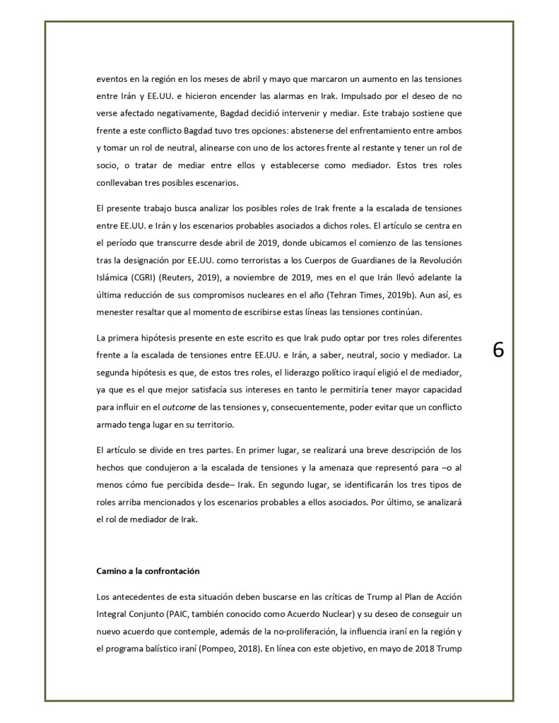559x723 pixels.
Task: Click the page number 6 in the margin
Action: click(498, 351)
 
